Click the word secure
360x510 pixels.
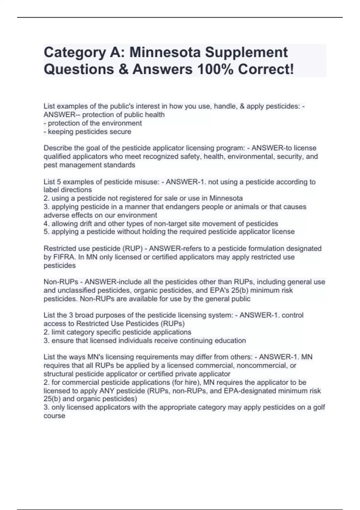tap(121, 131)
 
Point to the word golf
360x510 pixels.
tap(319, 407)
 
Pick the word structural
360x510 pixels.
tap(58, 374)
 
